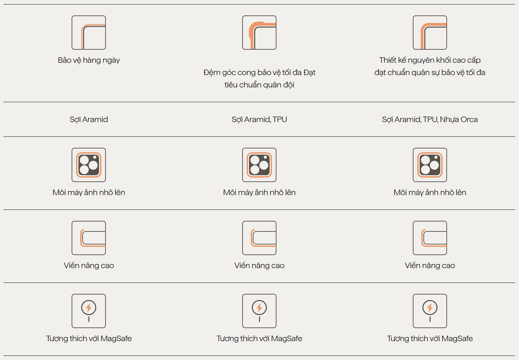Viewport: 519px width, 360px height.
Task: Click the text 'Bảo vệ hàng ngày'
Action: (x=89, y=60)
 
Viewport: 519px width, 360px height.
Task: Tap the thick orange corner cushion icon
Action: (x=259, y=33)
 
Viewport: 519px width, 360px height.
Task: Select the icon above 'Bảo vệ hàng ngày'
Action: (x=89, y=33)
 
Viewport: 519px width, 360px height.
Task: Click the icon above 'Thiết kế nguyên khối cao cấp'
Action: (x=430, y=33)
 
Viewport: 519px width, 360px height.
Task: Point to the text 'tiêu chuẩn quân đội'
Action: (x=259, y=85)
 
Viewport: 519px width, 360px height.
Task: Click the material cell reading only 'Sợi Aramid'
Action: (x=89, y=119)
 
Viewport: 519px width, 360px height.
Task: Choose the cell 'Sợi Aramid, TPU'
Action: (x=259, y=119)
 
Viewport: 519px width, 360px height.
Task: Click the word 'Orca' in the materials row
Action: (x=469, y=119)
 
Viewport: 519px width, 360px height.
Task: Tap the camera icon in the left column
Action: (x=89, y=165)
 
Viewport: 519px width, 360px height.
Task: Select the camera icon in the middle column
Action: (x=259, y=165)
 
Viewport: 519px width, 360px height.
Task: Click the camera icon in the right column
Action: (x=430, y=165)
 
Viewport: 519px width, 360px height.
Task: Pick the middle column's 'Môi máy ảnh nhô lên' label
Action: (x=259, y=193)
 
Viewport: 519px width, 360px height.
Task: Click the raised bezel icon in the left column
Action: (x=89, y=238)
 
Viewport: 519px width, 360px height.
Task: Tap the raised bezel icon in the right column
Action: (x=430, y=238)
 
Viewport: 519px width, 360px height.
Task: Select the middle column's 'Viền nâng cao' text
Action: (x=259, y=266)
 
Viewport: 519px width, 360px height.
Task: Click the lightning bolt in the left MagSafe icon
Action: (x=89, y=308)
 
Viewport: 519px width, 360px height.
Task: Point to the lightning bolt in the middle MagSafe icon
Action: (x=259, y=308)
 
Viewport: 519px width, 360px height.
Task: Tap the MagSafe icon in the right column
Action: (x=430, y=311)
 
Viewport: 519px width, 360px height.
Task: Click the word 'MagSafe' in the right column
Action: (x=457, y=339)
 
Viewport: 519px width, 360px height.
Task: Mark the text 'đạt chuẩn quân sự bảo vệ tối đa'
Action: (x=430, y=73)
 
